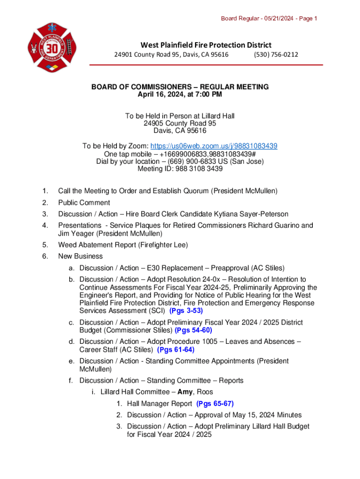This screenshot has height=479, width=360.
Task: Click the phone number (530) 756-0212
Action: pos(276,55)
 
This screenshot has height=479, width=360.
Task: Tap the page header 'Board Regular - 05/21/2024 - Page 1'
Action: pos(269,19)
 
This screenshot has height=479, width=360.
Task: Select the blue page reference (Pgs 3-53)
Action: pos(186,311)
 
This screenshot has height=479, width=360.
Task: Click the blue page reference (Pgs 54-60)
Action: pos(193,330)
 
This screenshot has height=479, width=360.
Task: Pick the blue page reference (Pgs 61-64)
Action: pos(176,349)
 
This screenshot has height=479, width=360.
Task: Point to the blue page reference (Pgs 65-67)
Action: pos(215,404)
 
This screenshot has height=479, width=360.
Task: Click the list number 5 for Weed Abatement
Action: pos(44,245)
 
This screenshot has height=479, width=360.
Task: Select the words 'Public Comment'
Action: pos(84,203)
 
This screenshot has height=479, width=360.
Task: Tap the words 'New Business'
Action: pos(80,256)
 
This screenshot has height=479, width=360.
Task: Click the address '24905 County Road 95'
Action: pos(180,123)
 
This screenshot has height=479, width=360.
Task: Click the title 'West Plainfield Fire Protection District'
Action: pos(206,45)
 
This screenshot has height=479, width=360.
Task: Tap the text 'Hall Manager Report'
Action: pos(159,404)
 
